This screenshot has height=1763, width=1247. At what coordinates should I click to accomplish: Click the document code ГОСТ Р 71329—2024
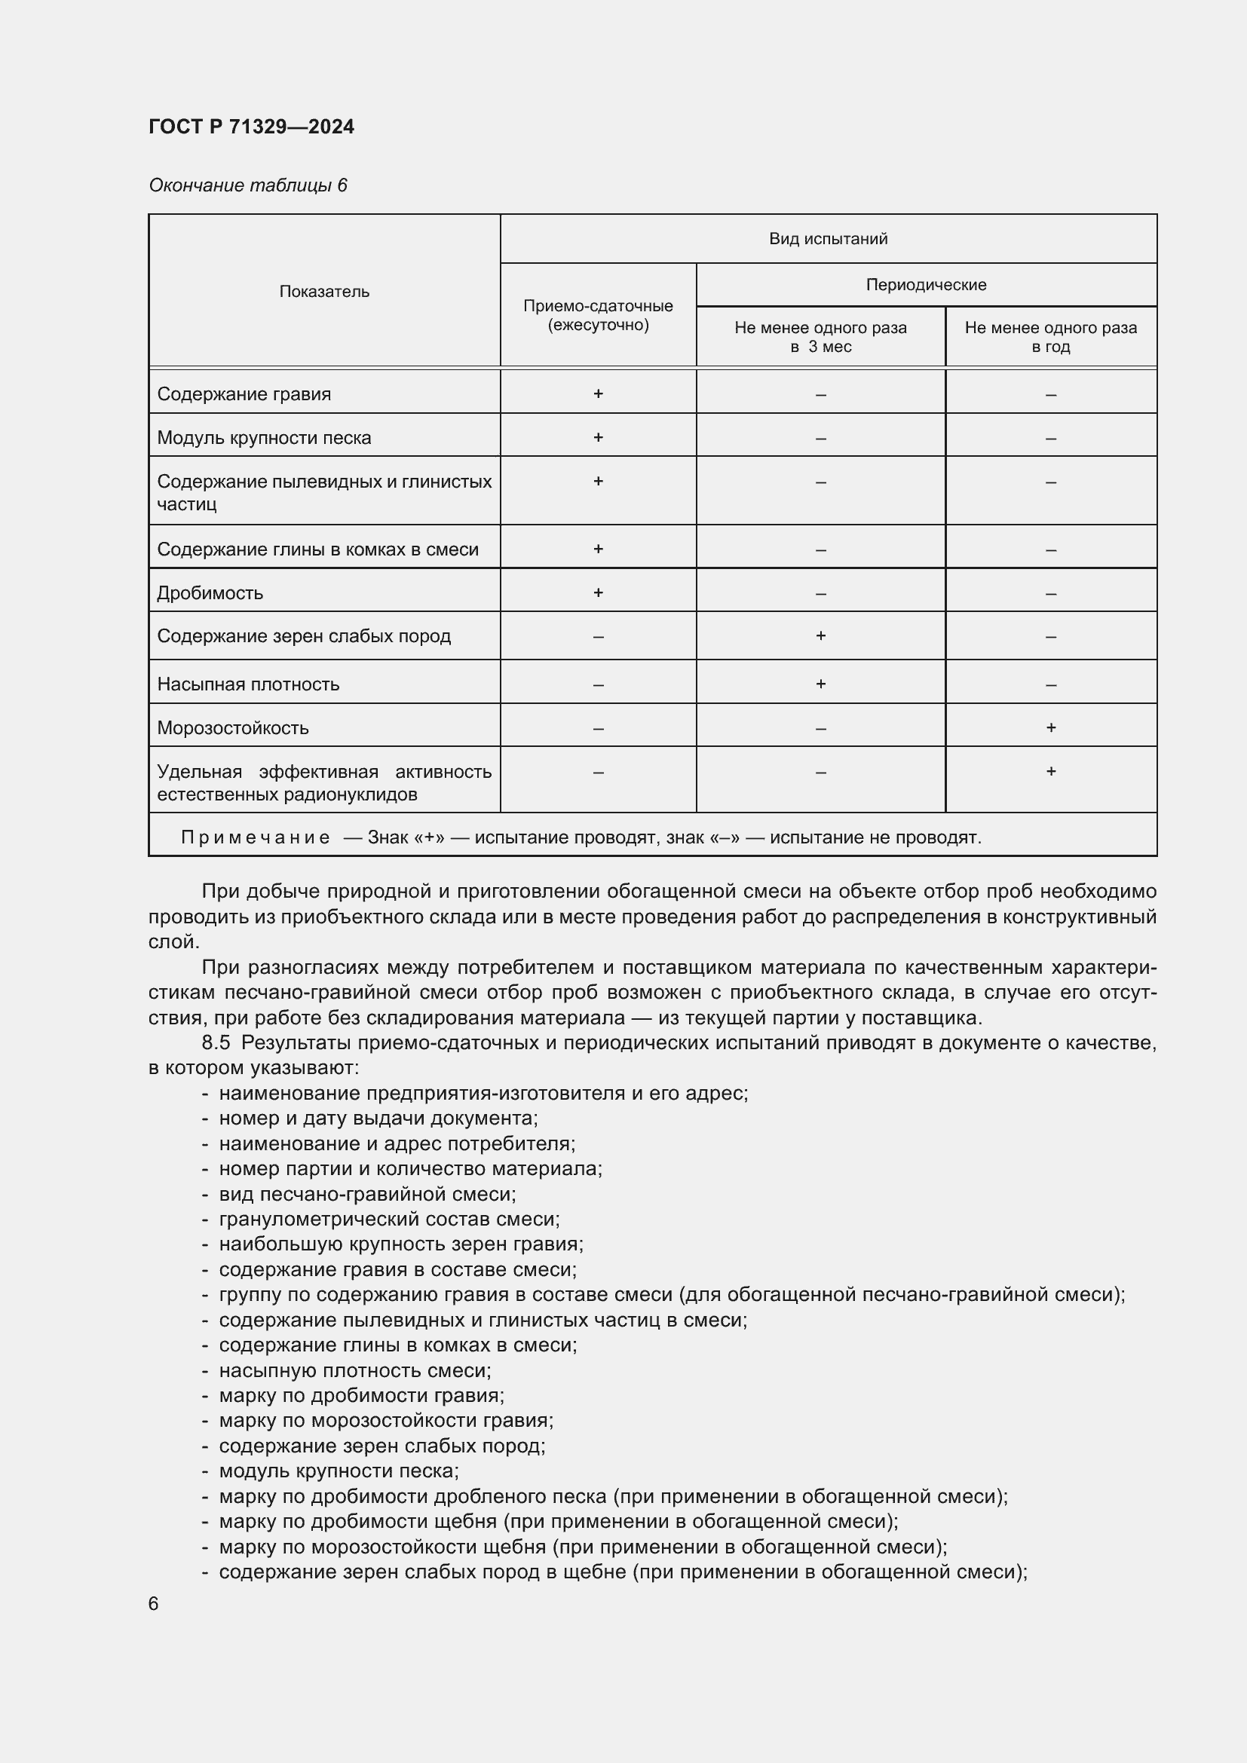[251, 127]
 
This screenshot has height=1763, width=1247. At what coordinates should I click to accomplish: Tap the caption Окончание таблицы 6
[247, 185]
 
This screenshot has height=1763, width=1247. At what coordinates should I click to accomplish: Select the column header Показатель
[324, 291]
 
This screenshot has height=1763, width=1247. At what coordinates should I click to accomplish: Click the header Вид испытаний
[828, 239]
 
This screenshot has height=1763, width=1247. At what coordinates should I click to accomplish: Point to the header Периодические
[925, 285]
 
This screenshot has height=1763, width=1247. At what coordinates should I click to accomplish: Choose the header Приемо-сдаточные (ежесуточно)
[597, 315]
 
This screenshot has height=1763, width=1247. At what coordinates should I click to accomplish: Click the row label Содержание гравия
[244, 394]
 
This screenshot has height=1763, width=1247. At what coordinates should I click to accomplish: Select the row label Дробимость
[210, 592]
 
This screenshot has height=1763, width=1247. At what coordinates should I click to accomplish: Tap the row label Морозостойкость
[233, 728]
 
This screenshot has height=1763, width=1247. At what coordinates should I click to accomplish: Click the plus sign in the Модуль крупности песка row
[597, 437]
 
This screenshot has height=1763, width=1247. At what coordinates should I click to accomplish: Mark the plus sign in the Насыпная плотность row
[820, 684]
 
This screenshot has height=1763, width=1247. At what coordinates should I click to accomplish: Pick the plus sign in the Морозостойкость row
[1050, 727]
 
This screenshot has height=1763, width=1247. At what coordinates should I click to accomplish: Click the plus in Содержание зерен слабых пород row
[820, 636]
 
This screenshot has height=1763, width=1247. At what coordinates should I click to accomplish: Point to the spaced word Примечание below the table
[255, 837]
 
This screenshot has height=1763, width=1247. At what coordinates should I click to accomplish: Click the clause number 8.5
[216, 1042]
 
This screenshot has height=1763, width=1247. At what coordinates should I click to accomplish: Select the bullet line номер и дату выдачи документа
[378, 1119]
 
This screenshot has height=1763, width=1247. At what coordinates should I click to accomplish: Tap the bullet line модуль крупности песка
[339, 1471]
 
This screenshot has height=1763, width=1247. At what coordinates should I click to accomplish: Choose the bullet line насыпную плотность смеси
[355, 1370]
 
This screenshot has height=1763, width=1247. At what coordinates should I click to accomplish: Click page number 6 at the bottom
[154, 1604]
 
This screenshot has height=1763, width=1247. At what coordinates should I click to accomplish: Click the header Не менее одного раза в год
[1049, 336]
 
